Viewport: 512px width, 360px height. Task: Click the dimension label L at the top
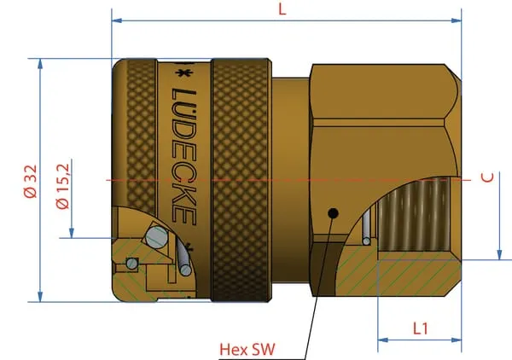pos(282,9)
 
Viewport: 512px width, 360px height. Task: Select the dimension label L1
pos(420,328)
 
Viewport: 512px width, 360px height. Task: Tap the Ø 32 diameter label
pos(31,181)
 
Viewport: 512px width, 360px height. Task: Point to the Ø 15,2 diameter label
pos(62,186)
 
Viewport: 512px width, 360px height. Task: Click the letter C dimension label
pos(487,177)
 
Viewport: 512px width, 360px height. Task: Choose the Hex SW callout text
pos(247,349)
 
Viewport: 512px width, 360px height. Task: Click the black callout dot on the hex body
pos(333,213)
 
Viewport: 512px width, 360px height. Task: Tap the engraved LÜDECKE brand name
pos(184,156)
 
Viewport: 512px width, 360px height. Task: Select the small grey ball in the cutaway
pos(131,263)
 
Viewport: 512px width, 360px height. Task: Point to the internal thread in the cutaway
pos(414,215)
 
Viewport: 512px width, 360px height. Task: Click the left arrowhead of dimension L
pos(117,20)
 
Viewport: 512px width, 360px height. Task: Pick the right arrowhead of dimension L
pos(457,20)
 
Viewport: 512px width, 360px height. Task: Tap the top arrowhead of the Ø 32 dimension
pos(40,64)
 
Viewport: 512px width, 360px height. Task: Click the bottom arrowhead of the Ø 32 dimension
pos(40,297)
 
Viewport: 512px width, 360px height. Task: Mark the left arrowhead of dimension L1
pos(383,340)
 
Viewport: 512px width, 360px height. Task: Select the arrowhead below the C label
pos(499,255)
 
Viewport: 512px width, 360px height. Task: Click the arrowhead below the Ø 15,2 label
pos(72,233)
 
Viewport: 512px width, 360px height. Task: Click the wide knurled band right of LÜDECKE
pos(241,180)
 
